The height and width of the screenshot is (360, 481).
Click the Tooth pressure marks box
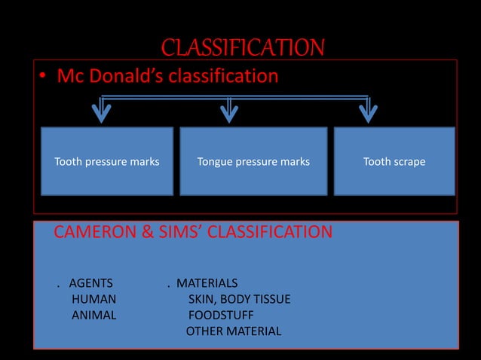pos(106,160)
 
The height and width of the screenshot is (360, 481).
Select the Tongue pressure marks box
pos(253,160)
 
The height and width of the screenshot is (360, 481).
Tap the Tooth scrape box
pos(394,160)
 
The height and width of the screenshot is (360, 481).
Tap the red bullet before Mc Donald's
pos(44,78)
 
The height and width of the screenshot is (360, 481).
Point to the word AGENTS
pos(90,283)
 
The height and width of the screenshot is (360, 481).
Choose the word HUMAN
pos(93,299)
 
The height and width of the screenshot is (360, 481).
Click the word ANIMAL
pos(93,315)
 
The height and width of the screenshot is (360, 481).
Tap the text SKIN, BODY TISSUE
pos(239,299)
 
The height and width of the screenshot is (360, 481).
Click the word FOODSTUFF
pos(220,315)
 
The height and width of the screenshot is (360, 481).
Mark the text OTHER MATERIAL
pos(234,331)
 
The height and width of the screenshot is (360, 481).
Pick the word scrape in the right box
pos(409,161)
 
